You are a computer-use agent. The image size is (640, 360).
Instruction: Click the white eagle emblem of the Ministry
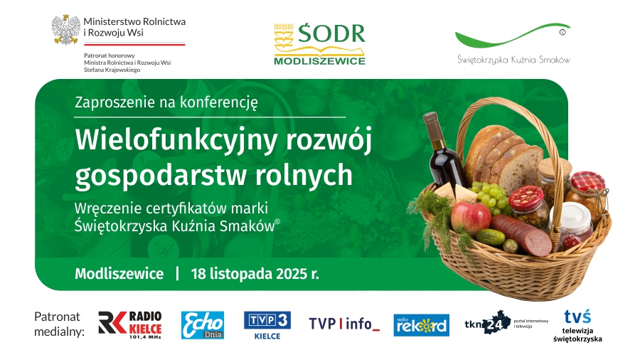(x=65, y=29)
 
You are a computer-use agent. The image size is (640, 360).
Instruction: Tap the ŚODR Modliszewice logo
(x=319, y=44)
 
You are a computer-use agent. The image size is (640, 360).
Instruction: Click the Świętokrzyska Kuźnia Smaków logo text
(x=513, y=60)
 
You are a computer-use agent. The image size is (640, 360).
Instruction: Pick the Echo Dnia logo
(x=203, y=324)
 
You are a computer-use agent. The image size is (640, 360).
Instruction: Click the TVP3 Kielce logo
(x=267, y=324)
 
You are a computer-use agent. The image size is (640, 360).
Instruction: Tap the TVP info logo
(x=344, y=324)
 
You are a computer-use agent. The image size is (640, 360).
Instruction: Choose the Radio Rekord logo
(x=421, y=324)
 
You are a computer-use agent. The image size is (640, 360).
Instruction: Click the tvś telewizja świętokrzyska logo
(x=577, y=326)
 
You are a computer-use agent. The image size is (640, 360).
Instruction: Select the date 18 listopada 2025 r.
(x=255, y=274)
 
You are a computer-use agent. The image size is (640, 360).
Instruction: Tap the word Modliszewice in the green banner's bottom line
(x=119, y=274)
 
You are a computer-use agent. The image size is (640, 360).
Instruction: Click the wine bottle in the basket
(x=445, y=152)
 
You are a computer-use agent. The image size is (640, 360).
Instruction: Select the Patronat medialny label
(x=58, y=324)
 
